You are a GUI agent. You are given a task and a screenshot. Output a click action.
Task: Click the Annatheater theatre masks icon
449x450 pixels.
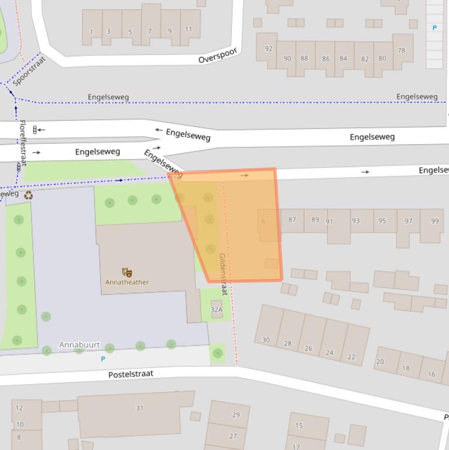tap(127, 272)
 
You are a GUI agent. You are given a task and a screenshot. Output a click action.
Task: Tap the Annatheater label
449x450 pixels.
tap(127, 282)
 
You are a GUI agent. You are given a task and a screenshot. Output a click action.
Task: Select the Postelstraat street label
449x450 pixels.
tap(131, 373)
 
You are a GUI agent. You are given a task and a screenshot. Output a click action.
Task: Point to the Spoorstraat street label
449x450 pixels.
tap(28, 71)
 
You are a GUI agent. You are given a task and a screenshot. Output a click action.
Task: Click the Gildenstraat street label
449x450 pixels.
tap(222, 274)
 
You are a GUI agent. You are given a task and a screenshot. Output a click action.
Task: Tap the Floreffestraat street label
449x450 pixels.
tap(22, 143)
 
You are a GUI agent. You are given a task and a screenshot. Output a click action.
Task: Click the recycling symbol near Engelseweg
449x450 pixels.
tap(28, 195)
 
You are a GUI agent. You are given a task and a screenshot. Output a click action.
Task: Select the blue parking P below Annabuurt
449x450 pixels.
tap(103, 359)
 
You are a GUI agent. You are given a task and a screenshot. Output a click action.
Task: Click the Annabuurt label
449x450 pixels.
tap(79, 345)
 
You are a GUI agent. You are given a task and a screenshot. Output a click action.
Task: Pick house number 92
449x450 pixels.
tap(269, 49)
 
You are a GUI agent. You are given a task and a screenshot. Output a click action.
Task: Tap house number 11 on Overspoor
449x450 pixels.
tap(189, 29)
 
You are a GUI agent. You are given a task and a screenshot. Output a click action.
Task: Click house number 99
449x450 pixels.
tap(434, 221)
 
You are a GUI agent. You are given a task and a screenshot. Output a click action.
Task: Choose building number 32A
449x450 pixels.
tap(217, 310)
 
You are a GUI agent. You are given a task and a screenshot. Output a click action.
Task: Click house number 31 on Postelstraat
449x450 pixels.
tap(140, 408)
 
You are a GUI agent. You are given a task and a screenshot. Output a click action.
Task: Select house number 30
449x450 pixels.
tap(266, 340)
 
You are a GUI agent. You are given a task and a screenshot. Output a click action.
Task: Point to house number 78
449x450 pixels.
tap(401, 51)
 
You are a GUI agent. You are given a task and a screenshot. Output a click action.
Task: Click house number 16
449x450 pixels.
tap(431, 374)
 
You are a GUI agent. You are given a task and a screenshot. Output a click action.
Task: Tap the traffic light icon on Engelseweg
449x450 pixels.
tap(34, 130)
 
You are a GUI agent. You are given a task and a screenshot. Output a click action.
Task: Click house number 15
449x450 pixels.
tap(299, 425)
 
